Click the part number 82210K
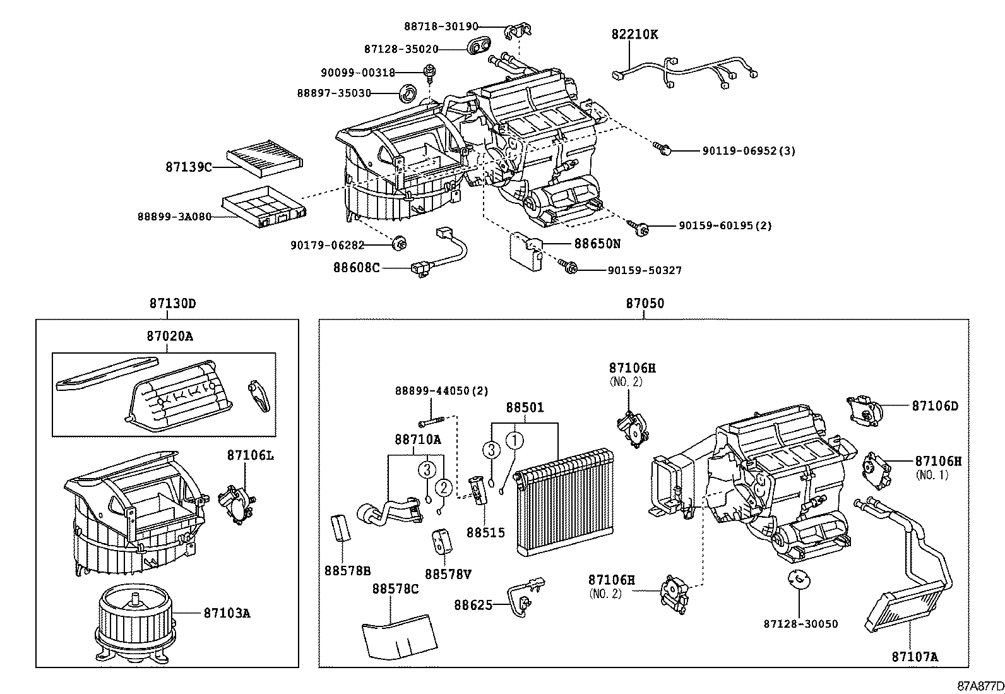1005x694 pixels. [x=634, y=35]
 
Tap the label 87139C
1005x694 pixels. [x=188, y=167]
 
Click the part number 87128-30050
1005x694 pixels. [x=800, y=624]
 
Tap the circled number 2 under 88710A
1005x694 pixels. [x=444, y=487]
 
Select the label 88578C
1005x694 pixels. [x=395, y=589]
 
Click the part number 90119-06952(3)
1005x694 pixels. [x=748, y=151]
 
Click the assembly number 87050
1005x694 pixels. [x=645, y=303]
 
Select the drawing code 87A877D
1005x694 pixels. [x=980, y=686]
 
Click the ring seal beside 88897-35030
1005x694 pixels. [x=410, y=93]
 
